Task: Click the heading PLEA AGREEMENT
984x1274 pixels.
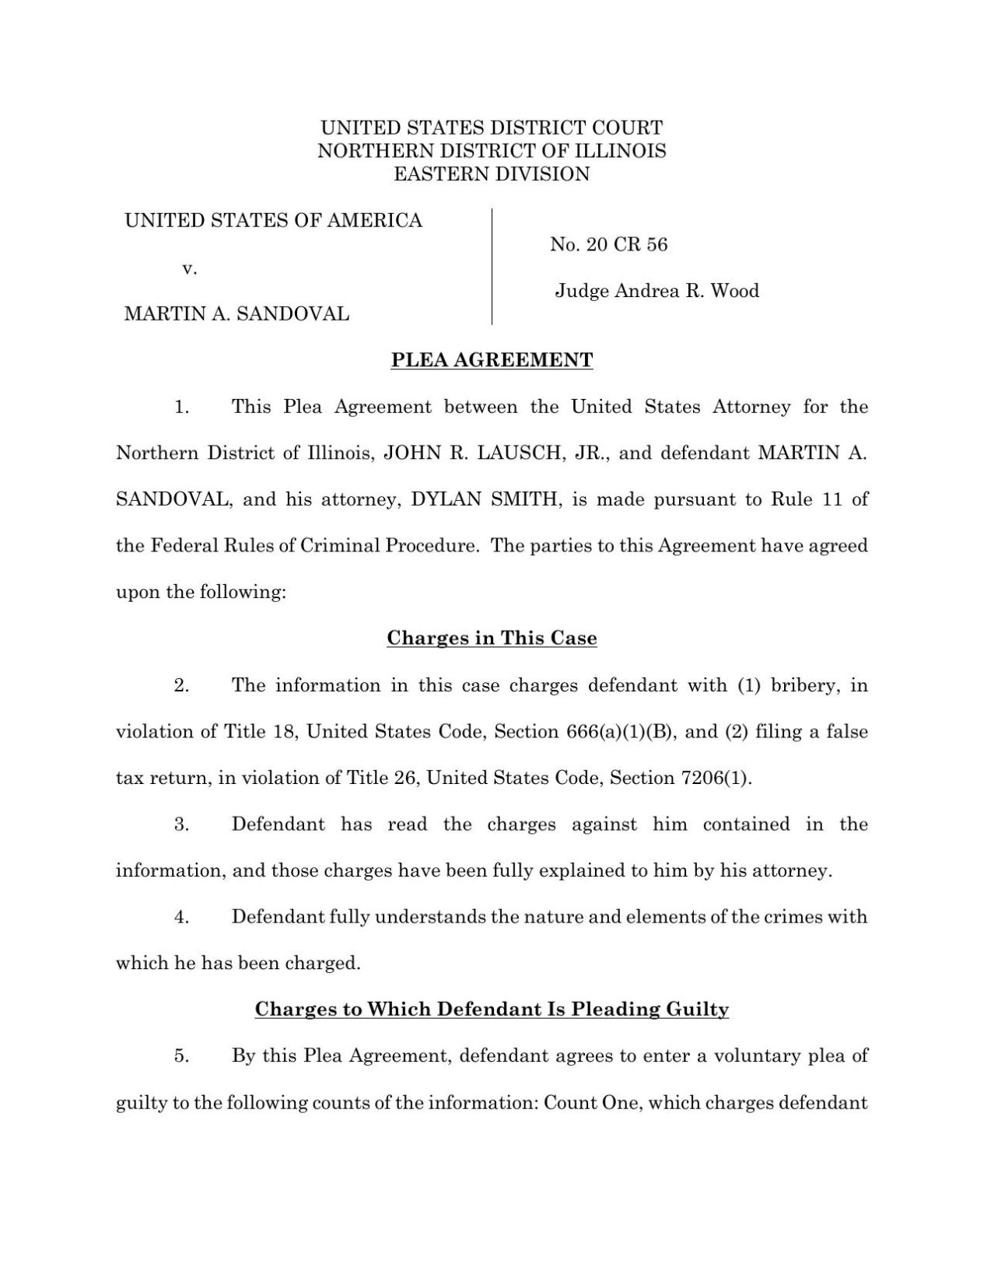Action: tap(492, 360)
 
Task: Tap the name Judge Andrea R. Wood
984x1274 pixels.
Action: tap(657, 291)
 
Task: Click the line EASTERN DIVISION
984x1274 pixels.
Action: tap(492, 174)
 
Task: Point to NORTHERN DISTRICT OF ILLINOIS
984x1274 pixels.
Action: tap(492, 151)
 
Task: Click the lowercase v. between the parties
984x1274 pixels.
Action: tap(189, 268)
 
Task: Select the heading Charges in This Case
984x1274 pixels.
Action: tap(492, 639)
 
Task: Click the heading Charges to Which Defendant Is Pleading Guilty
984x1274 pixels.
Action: tap(492, 1010)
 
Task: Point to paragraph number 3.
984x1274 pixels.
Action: tap(182, 824)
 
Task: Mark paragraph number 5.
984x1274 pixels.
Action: tap(182, 1056)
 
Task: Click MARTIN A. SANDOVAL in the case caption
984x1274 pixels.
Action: tap(236, 314)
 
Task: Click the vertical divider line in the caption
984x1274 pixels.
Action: tap(492, 266)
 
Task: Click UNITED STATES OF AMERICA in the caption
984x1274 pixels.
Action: tap(273, 221)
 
